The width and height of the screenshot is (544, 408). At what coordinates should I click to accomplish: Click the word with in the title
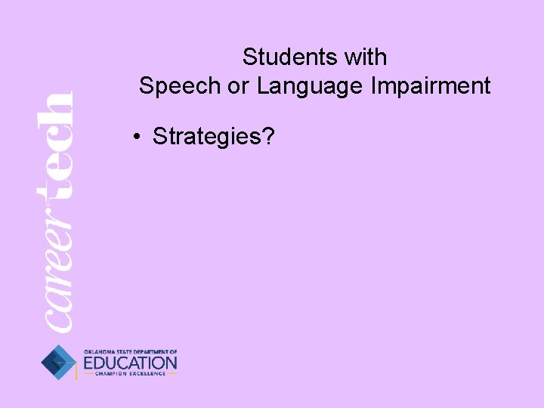[363, 57]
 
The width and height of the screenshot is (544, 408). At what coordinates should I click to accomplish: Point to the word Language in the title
[310, 86]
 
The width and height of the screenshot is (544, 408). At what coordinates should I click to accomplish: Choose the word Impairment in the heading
[431, 86]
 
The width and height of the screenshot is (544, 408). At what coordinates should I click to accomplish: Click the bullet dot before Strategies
[134, 137]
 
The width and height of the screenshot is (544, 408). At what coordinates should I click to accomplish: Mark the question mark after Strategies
[268, 136]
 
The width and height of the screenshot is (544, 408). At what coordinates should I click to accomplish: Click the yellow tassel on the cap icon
[76, 372]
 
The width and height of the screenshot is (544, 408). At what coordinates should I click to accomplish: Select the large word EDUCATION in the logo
[130, 363]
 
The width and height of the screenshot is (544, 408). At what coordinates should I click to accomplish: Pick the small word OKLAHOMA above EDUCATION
[98, 352]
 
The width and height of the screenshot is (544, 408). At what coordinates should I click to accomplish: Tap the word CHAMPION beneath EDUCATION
[111, 374]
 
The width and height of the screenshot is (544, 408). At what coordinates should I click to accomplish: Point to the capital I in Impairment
[373, 86]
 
